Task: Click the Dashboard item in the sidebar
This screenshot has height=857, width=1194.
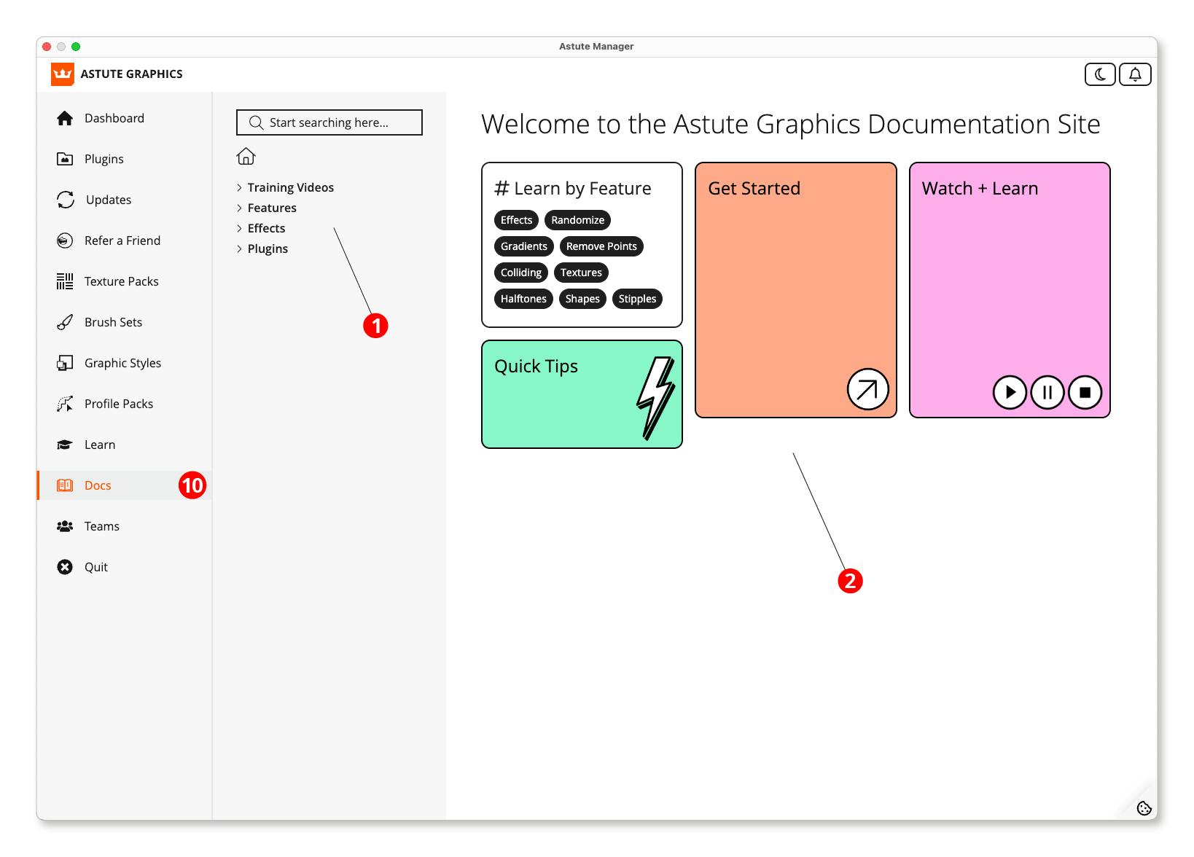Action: (x=114, y=118)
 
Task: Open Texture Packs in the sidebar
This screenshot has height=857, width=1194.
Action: (x=121, y=281)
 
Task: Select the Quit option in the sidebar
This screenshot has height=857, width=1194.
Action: (x=95, y=567)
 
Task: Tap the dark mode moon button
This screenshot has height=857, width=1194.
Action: (x=1100, y=74)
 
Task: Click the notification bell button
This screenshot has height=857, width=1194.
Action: (x=1135, y=74)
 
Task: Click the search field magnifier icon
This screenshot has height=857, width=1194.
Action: (x=256, y=122)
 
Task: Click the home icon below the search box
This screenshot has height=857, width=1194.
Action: (x=246, y=156)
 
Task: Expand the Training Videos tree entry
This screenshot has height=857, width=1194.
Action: (x=239, y=187)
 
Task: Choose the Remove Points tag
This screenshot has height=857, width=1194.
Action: (x=601, y=246)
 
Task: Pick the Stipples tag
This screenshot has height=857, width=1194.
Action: (x=637, y=299)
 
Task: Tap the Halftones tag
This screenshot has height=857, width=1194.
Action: (x=523, y=299)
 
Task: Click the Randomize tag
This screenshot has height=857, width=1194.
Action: (x=577, y=220)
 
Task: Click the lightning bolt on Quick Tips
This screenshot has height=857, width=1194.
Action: (x=655, y=398)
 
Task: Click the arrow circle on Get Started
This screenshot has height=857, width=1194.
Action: (x=867, y=390)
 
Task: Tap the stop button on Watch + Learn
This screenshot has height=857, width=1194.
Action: (x=1085, y=393)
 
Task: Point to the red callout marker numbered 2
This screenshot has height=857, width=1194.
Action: (x=850, y=581)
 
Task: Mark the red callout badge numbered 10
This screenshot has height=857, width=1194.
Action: (x=192, y=485)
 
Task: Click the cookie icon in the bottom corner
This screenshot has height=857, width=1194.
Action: (x=1144, y=807)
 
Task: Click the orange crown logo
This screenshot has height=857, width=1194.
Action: (x=63, y=74)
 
